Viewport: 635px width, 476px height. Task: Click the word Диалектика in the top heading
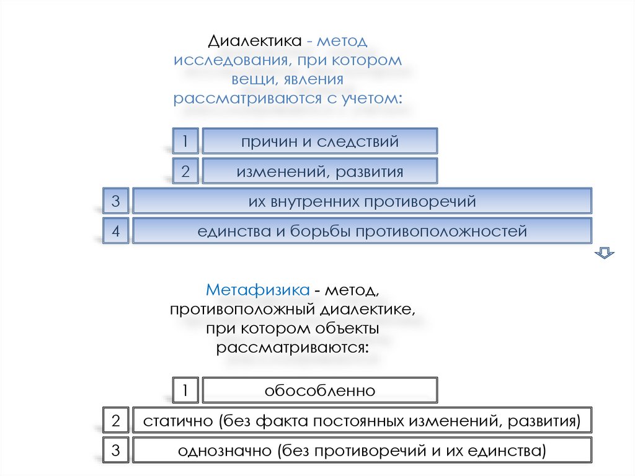click(254, 42)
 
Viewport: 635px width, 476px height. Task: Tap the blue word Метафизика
click(258, 290)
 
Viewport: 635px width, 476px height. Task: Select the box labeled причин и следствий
click(320, 141)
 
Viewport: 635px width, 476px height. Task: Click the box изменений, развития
click(320, 171)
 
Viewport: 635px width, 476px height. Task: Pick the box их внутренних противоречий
click(362, 201)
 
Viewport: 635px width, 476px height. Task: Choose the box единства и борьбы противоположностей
click(362, 231)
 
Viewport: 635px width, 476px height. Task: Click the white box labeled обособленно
click(320, 391)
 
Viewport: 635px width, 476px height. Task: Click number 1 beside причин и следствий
click(185, 141)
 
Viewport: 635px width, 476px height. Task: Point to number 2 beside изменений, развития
click(185, 171)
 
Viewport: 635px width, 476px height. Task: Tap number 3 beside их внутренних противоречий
click(115, 201)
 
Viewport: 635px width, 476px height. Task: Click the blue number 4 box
click(115, 231)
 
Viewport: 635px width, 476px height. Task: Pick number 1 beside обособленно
click(185, 391)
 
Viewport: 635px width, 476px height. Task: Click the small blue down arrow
click(604, 252)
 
